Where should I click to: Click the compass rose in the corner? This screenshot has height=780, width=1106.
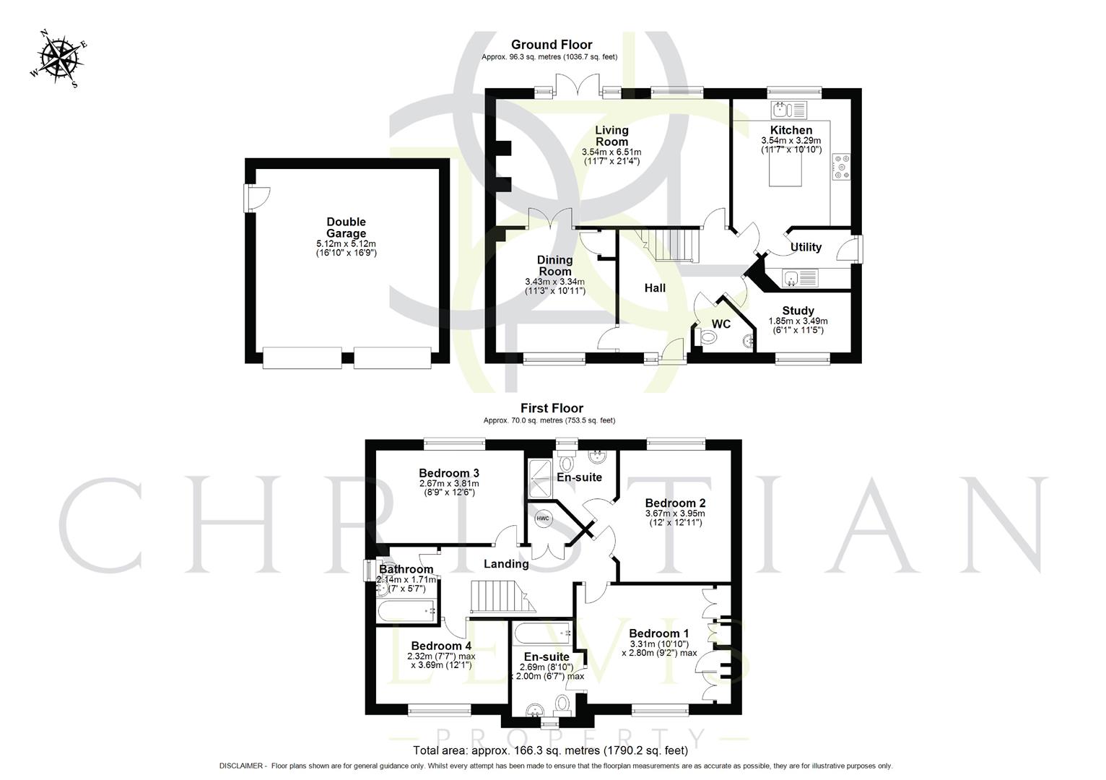pyautogui.click(x=59, y=58)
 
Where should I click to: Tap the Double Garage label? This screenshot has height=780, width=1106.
pyautogui.click(x=347, y=227)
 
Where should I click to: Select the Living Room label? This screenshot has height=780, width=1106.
pyautogui.click(x=611, y=136)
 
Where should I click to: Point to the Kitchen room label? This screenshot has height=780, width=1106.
pyautogui.click(x=791, y=130)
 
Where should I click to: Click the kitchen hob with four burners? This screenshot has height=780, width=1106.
pyautogui.click(x=842, y=165)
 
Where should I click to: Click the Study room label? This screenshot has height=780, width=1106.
pyautogui.click(x=798, y=311)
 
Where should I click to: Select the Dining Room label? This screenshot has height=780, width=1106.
pyautogui.click(x=554, y=266)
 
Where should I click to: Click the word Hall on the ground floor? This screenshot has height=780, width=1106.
pyautogui.click(x=655, y=288)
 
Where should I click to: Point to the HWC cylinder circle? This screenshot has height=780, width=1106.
pyautogui.click(x=542, y=518)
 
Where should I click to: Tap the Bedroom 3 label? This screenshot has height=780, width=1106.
pyautogui.click(x=449, y=473)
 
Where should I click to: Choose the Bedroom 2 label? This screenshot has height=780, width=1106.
pyautogui.click(x=675, y=503)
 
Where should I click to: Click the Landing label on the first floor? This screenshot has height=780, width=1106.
pyautogui.click(x=506, y=564)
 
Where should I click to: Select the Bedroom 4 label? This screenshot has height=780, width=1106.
pyautogui.click(x=441, y=646)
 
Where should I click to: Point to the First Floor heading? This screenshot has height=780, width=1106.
pyautogui.click(x=552, y=408)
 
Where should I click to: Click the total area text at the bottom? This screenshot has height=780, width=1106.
pyautogui.click(x=550, y=750)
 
